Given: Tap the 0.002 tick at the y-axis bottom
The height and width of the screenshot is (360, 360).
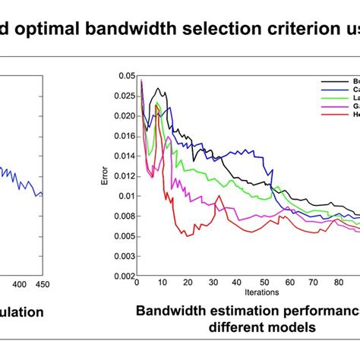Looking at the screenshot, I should click(x=121, y=276).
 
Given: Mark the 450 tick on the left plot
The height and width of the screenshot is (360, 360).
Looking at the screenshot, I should click(x=42, y=284).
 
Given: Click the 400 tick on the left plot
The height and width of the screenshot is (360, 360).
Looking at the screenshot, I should click(x=4, y=284).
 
